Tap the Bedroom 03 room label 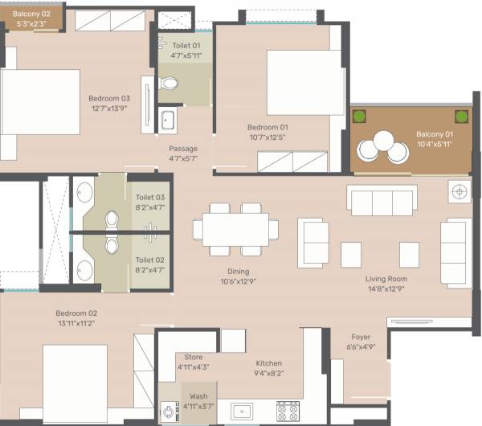coord(108,99)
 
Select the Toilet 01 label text coord(185,46)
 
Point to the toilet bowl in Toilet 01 coord(170,83)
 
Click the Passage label coord(183,149)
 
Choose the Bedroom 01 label coord(268,128)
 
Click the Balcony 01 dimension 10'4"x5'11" coord(435,144)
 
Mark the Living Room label coord(386,279)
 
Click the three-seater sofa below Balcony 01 coord(382,200)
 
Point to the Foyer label coord(361,337)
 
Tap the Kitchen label coord(268,363)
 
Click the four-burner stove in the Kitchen coord(288,411)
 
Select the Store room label coord(193,357)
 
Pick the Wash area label coord(198,396)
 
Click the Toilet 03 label coord(150,197)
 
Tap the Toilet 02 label coord(150,260)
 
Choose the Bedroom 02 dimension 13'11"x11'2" coord(76,323)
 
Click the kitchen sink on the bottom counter coord(242,412)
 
